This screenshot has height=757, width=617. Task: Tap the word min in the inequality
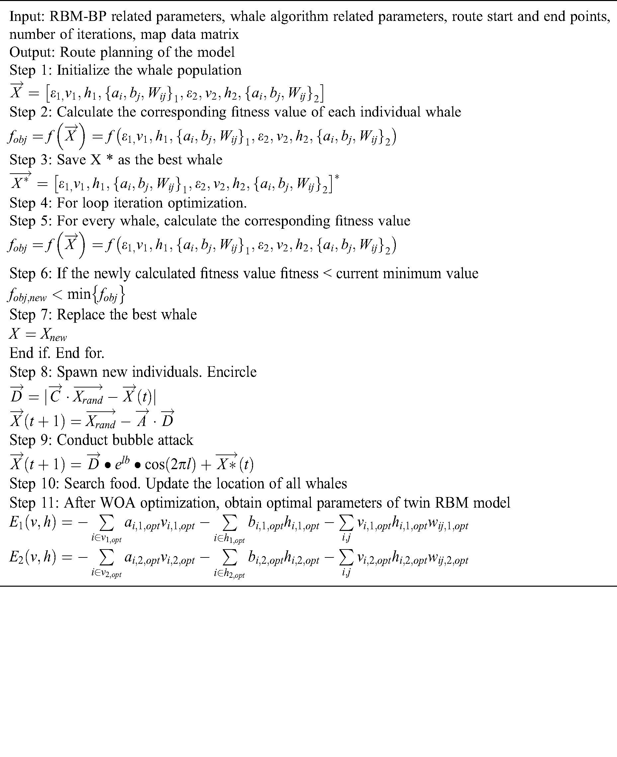79,294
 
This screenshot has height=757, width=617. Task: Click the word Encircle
232,372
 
